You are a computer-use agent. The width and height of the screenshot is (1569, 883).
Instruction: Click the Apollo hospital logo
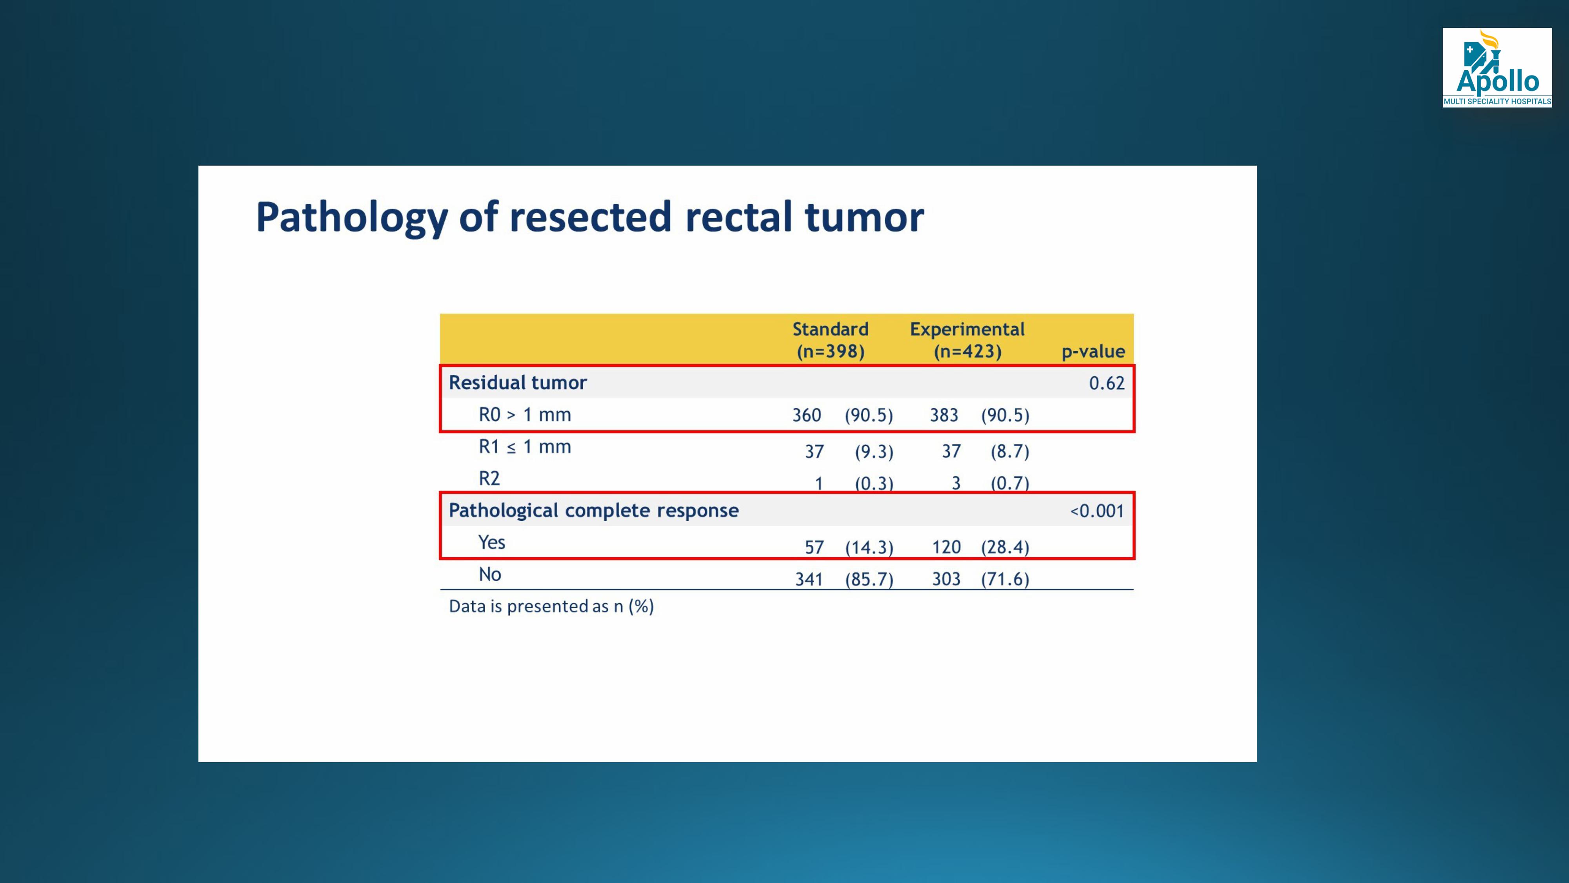1496,67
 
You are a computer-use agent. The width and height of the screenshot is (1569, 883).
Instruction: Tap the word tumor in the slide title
864,217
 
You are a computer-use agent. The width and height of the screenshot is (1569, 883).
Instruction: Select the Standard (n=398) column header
830,340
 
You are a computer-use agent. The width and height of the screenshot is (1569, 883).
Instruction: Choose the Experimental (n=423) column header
967,340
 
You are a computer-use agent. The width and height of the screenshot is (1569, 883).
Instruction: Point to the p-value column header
1093,352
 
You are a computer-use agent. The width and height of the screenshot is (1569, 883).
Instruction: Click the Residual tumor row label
518,383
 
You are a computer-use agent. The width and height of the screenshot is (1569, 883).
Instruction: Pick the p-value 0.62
1107,383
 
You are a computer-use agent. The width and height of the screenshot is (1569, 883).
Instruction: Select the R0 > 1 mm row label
524,415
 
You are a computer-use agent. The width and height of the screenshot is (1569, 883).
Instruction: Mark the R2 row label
489,478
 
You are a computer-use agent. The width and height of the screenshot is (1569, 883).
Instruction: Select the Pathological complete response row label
594,511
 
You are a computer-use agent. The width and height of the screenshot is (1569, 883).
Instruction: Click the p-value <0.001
1097,511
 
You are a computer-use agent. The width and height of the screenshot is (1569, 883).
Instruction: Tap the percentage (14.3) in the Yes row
869,547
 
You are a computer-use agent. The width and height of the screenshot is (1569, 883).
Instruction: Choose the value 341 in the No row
809,579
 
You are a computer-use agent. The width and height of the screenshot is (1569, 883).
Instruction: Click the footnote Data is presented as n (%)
551,606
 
